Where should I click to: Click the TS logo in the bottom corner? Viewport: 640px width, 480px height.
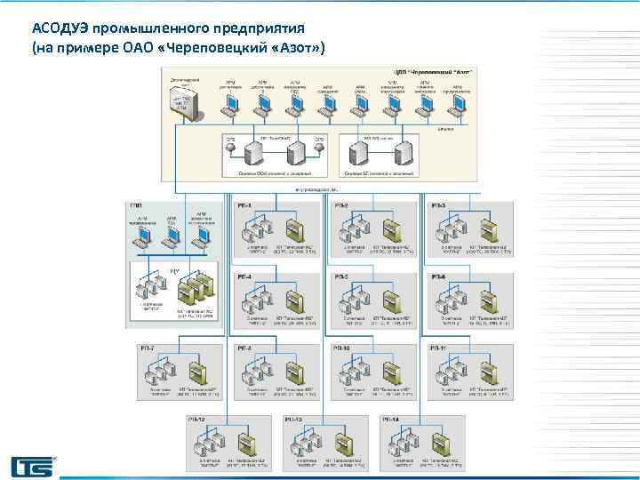(32, 466)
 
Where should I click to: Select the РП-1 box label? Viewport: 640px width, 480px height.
(244, 206)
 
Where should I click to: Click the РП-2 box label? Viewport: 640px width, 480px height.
(341, 206)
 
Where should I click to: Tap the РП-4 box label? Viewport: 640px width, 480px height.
(244, 276)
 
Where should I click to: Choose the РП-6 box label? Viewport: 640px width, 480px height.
(438, 276)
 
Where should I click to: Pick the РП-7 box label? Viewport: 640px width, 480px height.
(147, 347)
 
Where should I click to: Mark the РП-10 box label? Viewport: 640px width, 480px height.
(342, 347)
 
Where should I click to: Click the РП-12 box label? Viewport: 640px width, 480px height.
(196, 418)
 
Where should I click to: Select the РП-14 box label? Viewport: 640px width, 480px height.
(390, 418)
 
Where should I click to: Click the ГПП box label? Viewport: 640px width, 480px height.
(136, 206)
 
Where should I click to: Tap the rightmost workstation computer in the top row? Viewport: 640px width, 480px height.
(460, 106)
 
